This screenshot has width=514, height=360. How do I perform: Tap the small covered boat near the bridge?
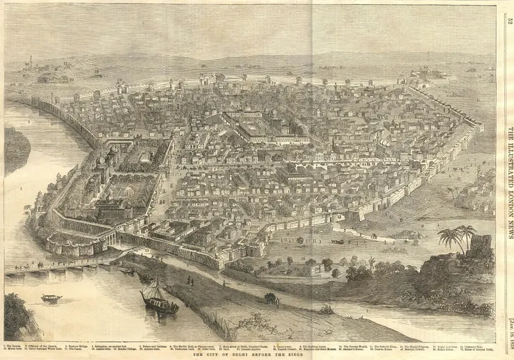pyautogui.click(x=51, y=297)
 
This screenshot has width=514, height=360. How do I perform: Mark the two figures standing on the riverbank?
pyautogui.click(x=189, y=280)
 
